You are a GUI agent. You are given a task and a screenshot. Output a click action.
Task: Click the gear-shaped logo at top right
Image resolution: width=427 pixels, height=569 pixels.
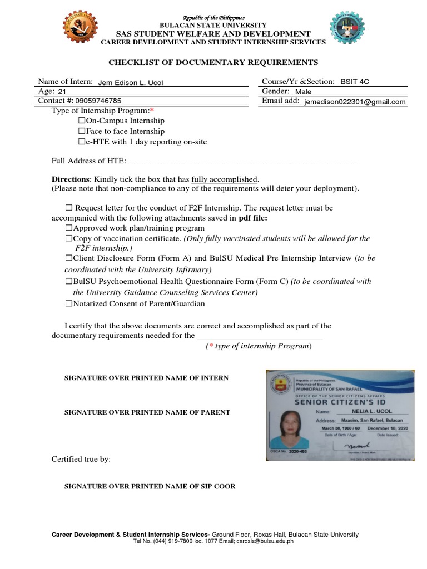click(x=347, y=29)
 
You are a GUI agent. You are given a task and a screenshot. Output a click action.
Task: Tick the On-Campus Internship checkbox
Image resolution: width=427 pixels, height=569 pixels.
click(x=81, y=121)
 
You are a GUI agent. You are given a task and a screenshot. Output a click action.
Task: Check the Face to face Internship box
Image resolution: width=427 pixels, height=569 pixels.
click(x=81, y=131)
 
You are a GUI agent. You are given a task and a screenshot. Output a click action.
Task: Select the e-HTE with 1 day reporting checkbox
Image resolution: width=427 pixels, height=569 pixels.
click(x=81, y=142)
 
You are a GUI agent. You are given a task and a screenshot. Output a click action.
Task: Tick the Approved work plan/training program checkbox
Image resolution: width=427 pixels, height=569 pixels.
click(x=69, y=228)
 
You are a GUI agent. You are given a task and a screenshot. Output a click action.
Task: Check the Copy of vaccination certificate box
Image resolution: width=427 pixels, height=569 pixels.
click(x=69, y=239)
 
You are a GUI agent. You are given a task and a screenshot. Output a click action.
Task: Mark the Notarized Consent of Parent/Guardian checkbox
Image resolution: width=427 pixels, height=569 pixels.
click(x=69, y=304)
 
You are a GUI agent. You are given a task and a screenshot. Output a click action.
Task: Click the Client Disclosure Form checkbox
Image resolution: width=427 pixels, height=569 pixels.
click(x=69, y=259)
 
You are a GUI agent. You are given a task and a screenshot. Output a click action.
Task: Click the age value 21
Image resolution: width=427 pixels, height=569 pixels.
click(x=62, y=92)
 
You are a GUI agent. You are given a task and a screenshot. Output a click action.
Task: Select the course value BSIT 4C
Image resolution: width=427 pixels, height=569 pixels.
click(x=354, y=82)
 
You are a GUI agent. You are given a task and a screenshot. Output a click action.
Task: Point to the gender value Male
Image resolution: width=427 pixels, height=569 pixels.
click(x=304, y=92)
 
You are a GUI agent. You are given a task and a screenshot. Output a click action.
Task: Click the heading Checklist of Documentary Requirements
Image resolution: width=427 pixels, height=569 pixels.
click(x=213, y=62)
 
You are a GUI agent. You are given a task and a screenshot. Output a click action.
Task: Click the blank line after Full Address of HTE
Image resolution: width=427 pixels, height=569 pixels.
click(x=242, y=162)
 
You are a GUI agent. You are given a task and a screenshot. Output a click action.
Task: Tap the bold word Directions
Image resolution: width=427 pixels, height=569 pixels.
click(x=70, y=179)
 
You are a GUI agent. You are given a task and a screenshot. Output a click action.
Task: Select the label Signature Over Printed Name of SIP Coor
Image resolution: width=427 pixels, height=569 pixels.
click(x=150, y=486)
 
